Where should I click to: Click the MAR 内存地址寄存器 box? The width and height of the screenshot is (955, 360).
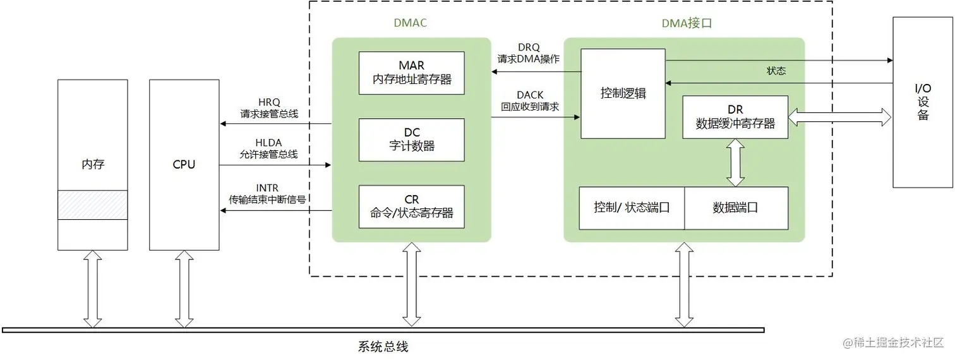tap(411, 73)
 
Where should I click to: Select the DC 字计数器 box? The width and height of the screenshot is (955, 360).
tap(411, 140)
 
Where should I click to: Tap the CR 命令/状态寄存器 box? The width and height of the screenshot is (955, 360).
tap(411, 207)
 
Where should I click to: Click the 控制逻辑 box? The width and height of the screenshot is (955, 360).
tap(623, 93)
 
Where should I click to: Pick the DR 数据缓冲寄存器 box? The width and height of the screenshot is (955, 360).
tap(735, 117)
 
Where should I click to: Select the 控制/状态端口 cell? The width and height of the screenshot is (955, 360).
tap(632, 208)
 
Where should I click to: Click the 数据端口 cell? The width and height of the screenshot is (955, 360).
tap(736, 208)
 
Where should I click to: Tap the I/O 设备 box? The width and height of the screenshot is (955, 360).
tap(923, 102)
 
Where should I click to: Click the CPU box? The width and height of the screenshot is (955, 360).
tap(184, 165)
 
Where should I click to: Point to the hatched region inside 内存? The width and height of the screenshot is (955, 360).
tap(92, 205)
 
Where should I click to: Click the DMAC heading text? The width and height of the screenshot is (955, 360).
tap(411, 23)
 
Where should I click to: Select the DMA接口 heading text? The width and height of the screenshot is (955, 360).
tap(687, 24)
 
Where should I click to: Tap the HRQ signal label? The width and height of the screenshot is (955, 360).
tap(269, 102)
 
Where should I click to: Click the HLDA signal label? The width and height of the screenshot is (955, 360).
tap(269, 142)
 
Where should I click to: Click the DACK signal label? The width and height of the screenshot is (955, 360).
tap(530, 95)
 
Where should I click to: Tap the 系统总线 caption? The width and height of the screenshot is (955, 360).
tap(383, 347)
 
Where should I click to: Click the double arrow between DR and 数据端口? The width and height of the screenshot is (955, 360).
tap(735, 162)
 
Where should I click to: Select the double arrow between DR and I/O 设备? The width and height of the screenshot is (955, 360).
tap(839, 116)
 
